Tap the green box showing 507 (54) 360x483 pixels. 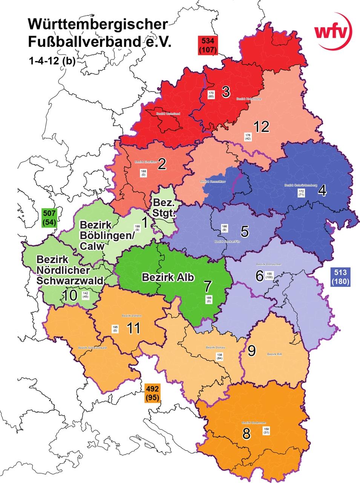[x=50, y=218]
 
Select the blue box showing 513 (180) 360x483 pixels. [x=340, y=277]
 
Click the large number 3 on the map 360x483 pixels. [x=226, y=92]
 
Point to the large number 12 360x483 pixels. [x=261, y=127]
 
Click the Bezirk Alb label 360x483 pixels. [x=168, y=277]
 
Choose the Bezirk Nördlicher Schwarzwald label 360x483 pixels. [x=70, y=270]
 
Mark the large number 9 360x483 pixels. [x=251, y=351]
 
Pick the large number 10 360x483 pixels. [x=70, y=295]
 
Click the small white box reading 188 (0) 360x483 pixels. [x=144, y=173]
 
